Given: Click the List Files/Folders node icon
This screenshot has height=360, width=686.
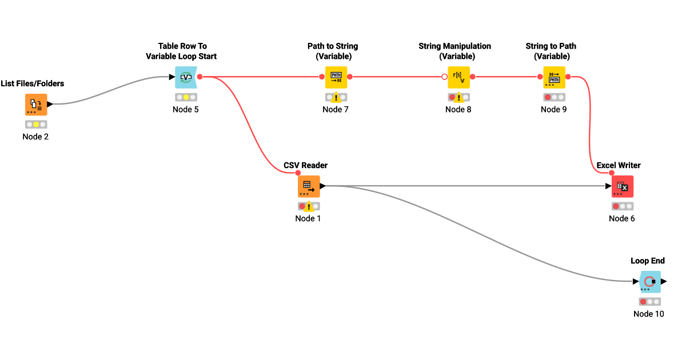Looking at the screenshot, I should coord(36,105).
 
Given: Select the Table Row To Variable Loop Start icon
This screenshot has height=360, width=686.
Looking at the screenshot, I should coord(186,77).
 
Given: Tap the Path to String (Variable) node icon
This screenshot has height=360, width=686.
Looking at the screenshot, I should coord(336,77).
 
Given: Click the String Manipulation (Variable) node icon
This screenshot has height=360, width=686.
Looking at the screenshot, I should coord(458,77).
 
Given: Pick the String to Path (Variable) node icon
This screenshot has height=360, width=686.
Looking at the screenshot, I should coord(554,77).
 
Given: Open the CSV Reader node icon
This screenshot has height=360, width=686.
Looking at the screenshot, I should coord(309,186).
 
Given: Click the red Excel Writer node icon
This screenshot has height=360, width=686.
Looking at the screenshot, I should coord(623,186).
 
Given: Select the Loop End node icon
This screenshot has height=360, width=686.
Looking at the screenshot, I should coord(649,282).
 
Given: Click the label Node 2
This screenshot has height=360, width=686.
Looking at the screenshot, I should coord(35,137).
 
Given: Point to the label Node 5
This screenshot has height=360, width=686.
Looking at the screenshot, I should coord(186,109).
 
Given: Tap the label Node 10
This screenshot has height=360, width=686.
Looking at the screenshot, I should coord(649,314).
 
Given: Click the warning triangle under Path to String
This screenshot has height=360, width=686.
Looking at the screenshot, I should coord(336,97).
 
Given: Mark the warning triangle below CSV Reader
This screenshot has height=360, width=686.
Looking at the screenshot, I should coord(309,206).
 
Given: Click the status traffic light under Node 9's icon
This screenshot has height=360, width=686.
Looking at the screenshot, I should coord(554,97).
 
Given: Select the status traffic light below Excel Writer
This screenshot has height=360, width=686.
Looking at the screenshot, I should coord(623,206).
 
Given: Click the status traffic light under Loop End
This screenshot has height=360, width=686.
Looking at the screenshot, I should coord(649,302).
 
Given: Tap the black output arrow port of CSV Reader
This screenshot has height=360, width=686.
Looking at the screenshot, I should coord(323,186).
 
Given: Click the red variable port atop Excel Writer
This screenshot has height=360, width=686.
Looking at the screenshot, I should coord(612,173).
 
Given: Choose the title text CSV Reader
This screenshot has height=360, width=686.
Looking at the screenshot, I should coord(306,165).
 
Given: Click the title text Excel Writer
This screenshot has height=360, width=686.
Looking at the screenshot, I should coord(619,165).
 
